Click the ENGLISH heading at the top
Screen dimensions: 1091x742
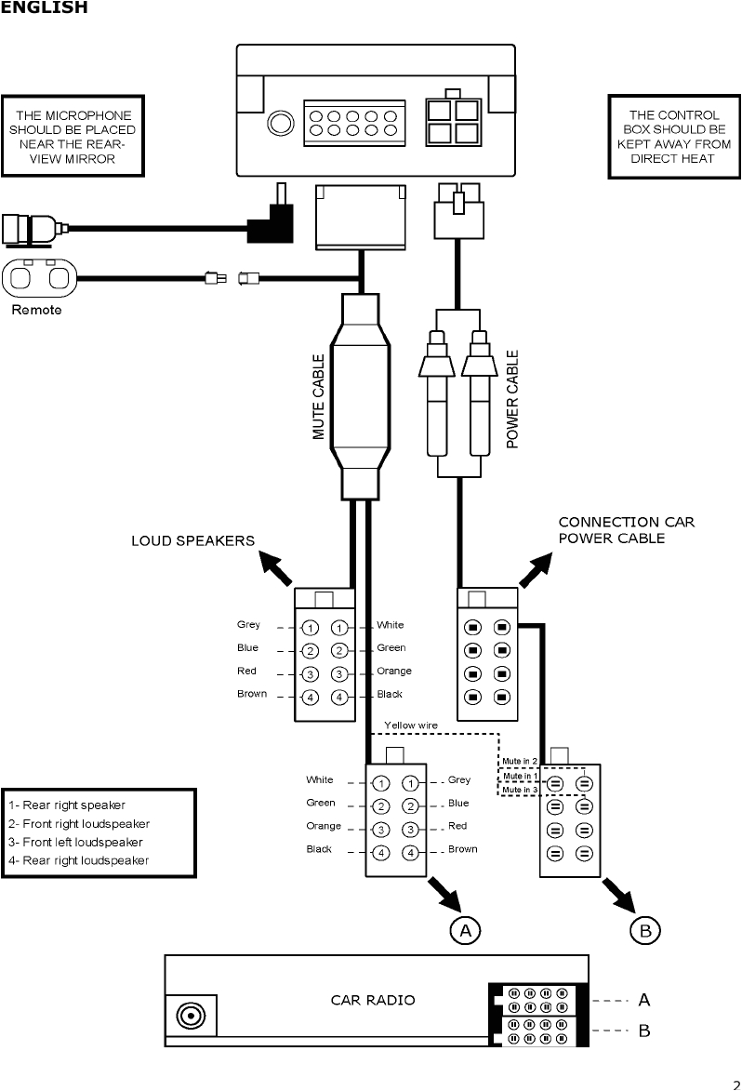click(44, 8)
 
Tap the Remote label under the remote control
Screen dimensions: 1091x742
click(36, 310)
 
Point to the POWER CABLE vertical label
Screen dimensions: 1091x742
click(511, 399)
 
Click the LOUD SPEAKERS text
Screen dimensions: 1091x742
click(192, 541)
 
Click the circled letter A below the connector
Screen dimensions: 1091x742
click(466, 928)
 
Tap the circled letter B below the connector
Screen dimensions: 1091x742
click(645, 928)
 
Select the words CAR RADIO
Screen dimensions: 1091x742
click(373, 1000)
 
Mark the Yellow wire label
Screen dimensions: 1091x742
click(410, 725)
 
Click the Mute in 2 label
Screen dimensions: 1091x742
click(520, 761)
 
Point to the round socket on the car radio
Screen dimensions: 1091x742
click(192, 1016)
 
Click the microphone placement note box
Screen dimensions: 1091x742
click(73, 136)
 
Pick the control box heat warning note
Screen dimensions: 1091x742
click(672, 137)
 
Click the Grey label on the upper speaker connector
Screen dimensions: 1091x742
click(248, 625)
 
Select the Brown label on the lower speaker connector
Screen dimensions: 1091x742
click(462, 849)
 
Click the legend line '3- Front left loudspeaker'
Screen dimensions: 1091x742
click(74, 842)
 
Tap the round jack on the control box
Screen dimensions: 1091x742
click(278, 124)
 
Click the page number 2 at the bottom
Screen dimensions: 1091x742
click(735, 1081)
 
